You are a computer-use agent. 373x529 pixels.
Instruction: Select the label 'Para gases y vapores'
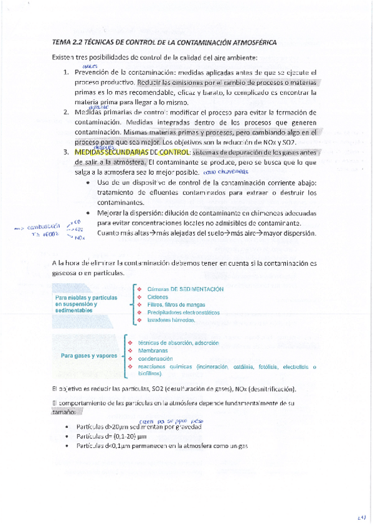click(89, 356)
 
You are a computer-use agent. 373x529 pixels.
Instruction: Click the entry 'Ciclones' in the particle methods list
click(158, 297)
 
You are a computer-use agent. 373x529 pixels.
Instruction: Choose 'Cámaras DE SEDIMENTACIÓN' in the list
click(185, 289)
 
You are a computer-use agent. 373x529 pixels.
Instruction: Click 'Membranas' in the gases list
click(153, 351)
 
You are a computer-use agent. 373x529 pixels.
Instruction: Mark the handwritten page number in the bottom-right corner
click(361, 517)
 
